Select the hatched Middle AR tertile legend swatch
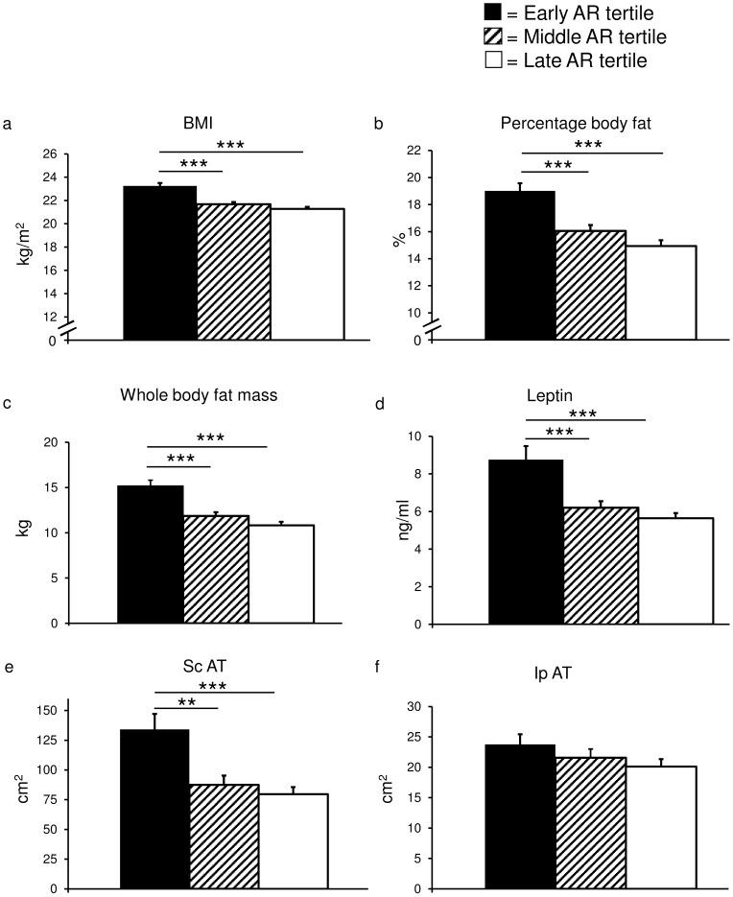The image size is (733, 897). click(493, 37)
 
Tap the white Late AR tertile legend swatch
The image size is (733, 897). click(493, 61)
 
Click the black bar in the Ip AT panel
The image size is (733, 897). click(520, 816)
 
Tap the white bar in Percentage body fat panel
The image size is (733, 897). click(660, 293)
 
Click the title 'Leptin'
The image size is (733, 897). click(574, 394)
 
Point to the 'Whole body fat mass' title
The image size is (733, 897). click(200, 394)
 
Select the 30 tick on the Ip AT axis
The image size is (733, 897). click(416, 707)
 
